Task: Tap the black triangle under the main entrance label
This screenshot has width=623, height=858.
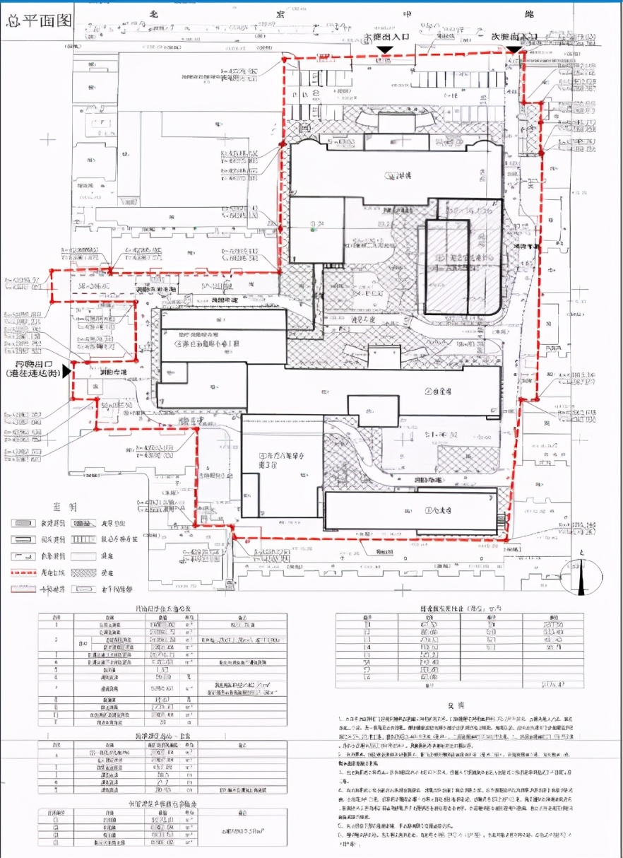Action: click(384, 49)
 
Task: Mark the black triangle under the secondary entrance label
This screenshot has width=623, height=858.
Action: click(512, 49)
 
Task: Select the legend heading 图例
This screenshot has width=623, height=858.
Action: click(61, 507)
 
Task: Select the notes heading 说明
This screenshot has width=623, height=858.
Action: click(455, 705)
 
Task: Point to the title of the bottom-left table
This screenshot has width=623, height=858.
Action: click(162, 804)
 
